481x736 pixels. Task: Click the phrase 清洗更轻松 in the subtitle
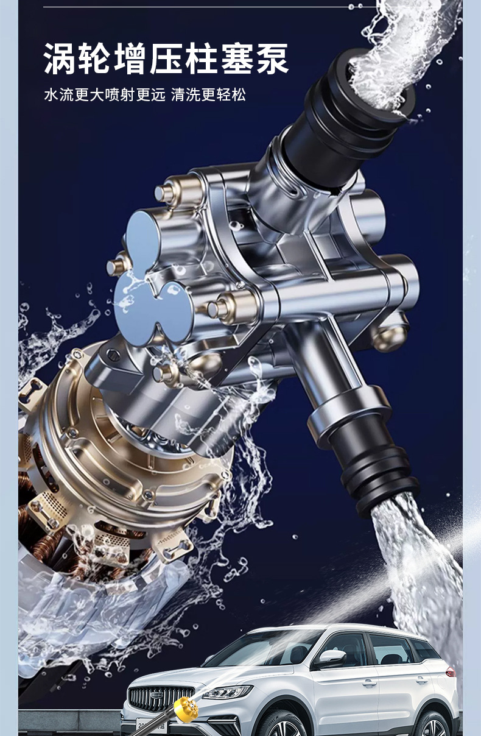coord(208,95)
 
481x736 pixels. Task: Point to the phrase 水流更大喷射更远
coord(104,95)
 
